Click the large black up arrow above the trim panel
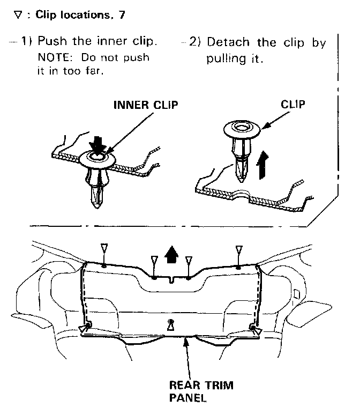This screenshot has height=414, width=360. pyautogui.click(x=171, y=254)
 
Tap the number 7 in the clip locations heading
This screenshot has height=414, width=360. pyautogui.click(x=123, y=14)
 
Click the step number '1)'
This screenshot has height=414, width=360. pyautogui.click(x=27, y=42)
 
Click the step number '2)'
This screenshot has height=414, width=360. pyautogui.click(x=193, y=42)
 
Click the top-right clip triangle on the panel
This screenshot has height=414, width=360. pyautogui.click(x=239, y=249)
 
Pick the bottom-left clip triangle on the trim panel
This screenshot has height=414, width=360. pyautogui.click(x=84, y=328)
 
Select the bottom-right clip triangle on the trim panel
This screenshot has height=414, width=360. pyautogui.click(x=258, y=332)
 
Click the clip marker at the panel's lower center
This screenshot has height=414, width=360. pyautogui.click(x=171, y=324)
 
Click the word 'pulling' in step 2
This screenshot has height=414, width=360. pyautogui.click(x=225, y=58)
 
